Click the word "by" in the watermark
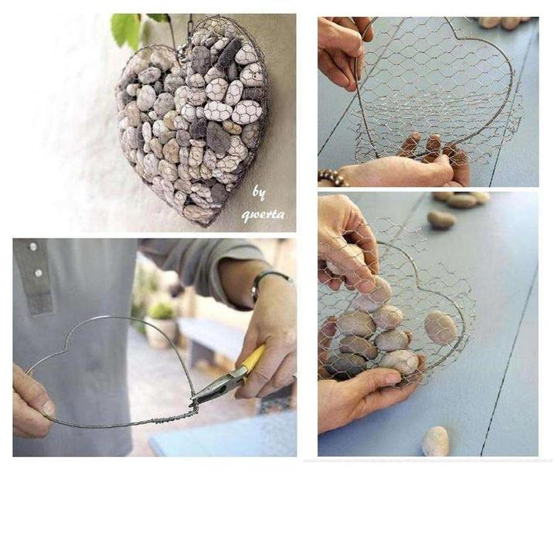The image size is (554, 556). pyautogui.click(x=259, y=193)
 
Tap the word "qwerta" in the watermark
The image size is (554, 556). pyautogui.click(x=263, y=215)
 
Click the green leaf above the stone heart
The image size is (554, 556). pyautogui.click(x=126, y=29)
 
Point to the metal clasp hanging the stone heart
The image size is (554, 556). pyautogui.click(x=183, y=53)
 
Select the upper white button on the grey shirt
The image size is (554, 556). pyautogui.click(x=33, y=246)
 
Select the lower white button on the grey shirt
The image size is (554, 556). pyautogui.click(x=39, y=273)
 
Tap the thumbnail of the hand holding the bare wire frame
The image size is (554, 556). pyautogui.click(x=48, y=409)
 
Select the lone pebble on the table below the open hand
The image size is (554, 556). pyautogui.click(x=436, y=441)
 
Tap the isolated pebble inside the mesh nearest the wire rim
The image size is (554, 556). pyautogui.click(x=440, y=327)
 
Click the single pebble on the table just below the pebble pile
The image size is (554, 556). pyautogui.click(x=441, y=220)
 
